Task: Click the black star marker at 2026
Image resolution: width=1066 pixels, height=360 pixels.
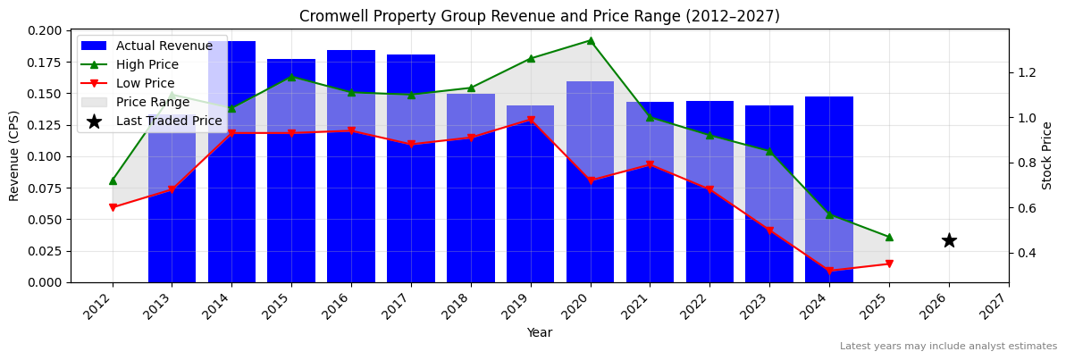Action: tap(949, 240)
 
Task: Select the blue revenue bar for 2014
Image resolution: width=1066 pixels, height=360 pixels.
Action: tap(231, 179)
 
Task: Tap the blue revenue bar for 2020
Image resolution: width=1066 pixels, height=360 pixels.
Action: tap(590, 197)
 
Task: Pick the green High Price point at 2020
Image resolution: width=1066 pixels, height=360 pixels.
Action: tap(590, 40)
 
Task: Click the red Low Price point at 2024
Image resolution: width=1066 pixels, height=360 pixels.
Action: tap(829, 271)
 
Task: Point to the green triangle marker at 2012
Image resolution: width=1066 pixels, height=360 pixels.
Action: tap(113, 180)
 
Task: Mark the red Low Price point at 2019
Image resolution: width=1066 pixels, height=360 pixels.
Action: tap(531, 120)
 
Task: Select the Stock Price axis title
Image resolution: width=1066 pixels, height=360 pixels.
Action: tap(1047, 155)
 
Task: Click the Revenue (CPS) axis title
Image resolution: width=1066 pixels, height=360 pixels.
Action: tap(14, 155)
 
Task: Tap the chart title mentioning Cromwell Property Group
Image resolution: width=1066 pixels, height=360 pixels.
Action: tap(539, 16)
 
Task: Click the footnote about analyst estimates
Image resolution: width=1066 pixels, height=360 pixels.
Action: tap(948, 347)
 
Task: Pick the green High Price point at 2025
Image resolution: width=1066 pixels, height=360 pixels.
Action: tap(889, 237)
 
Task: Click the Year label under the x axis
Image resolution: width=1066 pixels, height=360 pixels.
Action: tap(539, 332)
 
